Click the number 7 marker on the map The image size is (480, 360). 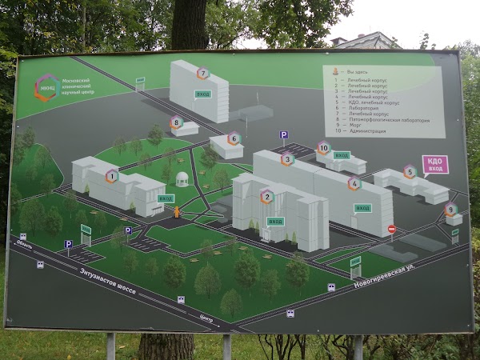(203, 73)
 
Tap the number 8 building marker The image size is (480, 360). (176, 122)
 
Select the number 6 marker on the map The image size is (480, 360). (234, 138)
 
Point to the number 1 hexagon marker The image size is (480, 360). (112, 176)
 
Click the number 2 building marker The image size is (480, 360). (267, 196)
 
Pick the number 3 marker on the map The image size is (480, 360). (287, 158)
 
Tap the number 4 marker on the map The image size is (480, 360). (354, 182)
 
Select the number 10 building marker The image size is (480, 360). (323, 147)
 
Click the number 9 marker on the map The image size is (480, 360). (451, 210)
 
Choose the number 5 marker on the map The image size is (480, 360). (410, 171)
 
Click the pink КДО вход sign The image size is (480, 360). (435, 164)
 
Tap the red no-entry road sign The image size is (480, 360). (392, 230)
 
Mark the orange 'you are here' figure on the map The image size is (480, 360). (177, 212)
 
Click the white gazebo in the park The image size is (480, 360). (183, 178)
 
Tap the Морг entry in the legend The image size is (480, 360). (352, 125)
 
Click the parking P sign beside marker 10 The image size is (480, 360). (283, 135)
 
